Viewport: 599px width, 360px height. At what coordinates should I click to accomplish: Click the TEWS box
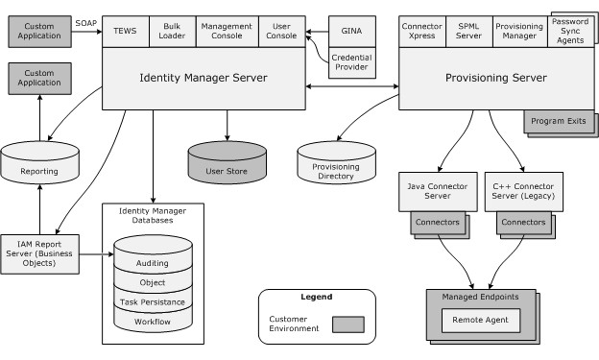point(125,31)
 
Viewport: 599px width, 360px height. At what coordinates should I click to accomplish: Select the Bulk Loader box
point(172,31)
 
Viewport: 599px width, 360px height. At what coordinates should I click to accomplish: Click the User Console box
point(281,31)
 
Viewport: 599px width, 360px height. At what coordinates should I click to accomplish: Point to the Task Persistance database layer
point(153,301)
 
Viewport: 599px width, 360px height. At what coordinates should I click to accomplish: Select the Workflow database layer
point(153,321)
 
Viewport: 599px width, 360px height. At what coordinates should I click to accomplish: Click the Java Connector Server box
point(438,189)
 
